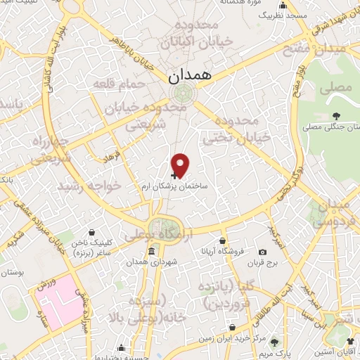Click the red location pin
(x=181, y=165)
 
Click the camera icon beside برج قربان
(x=262, y=252)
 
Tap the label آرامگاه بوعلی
(x=157, y=236)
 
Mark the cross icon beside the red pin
(x=174, y=171)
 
